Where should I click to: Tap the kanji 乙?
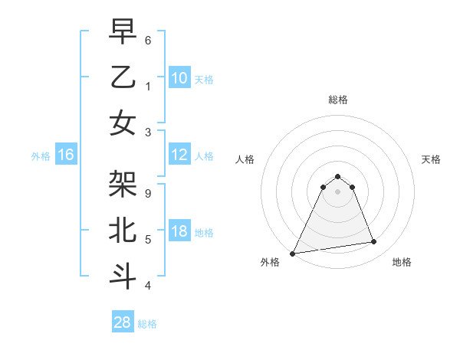coord(123,77)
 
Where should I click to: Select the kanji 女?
coord(123,123)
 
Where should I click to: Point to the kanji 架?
coord(123,184)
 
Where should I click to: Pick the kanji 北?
coord(123,231)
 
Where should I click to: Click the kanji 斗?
coord(123,277)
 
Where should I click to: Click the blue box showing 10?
coord(179,77)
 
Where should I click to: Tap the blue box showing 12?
coord(179,155)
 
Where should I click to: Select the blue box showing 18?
coord(179,231)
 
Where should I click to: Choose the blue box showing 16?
coord(65,155)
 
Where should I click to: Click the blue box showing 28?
coord(122,322)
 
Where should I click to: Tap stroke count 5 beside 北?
coord(148,240)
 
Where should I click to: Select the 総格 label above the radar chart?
coord(337,100)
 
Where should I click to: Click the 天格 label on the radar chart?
coord(431,159)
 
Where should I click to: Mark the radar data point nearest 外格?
coord(293,254)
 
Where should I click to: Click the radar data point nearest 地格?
coord(374,242)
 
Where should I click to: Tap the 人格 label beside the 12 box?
coord(204,155)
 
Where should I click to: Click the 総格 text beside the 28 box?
coord(147,324)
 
